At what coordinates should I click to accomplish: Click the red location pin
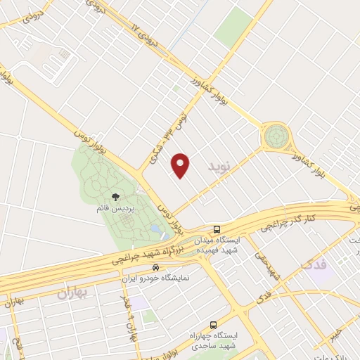(x=181, y=165)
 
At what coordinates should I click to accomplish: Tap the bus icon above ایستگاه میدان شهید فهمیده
(x=217, y=229)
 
